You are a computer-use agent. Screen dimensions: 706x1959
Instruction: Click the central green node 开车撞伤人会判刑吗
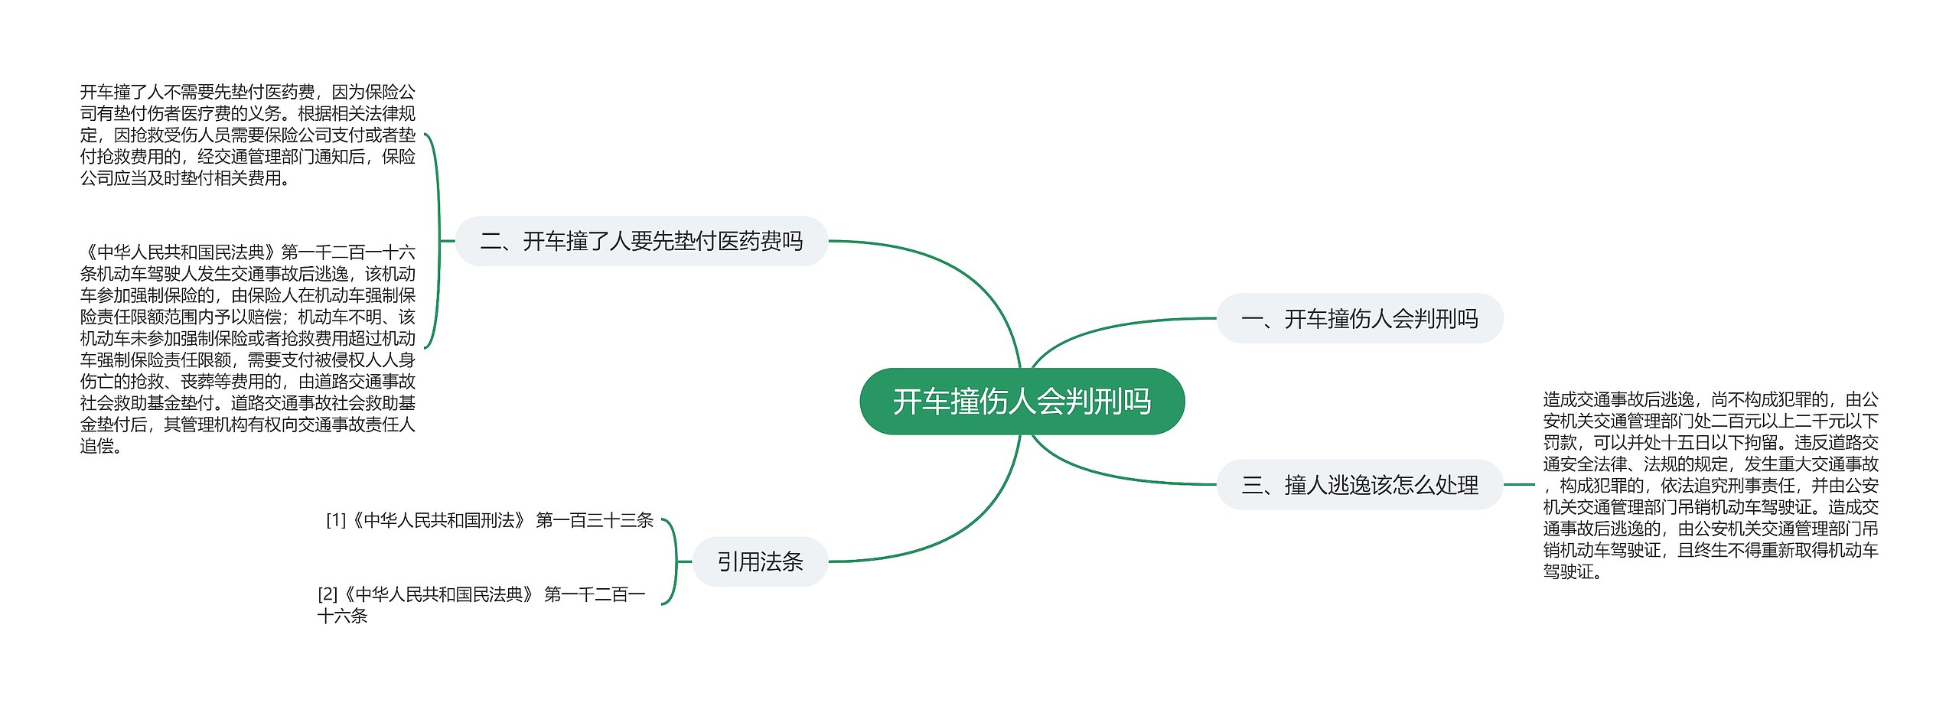click(1022, 402)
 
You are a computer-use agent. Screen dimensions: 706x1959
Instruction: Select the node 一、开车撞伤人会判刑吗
click(1359, 318)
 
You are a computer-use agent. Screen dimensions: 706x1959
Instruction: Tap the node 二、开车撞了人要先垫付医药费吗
click(641, 242)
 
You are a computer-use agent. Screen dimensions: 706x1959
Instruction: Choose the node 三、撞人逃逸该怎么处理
click(1359, 485)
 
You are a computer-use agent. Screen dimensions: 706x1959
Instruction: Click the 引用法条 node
click(760, 562)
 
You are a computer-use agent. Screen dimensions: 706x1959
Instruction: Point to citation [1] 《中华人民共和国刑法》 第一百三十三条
click(490, 521)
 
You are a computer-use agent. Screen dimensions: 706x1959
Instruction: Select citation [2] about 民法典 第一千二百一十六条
click(482, 595)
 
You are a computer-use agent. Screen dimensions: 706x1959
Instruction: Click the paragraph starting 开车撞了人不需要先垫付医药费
click(248, 135)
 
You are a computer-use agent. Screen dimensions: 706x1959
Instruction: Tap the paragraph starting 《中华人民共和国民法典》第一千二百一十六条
click(248, 348)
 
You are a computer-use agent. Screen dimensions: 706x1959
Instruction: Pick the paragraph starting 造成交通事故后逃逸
click(1710, 485)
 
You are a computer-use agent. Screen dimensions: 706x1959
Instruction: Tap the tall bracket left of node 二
click(438, 241)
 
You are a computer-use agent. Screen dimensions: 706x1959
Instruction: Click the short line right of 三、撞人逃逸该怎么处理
click(1519, 484)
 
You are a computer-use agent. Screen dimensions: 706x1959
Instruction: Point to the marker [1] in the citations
click(336, 521)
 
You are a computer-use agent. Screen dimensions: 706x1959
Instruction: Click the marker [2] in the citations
click(328, 595)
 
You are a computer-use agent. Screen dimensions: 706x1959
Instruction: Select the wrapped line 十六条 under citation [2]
click(343, 617)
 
